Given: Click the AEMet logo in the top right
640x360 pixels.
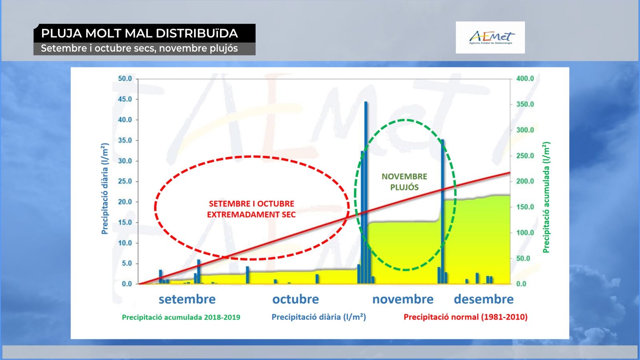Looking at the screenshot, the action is coord(490,38).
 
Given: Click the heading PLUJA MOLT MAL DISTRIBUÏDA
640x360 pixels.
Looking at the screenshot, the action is coord(140,34).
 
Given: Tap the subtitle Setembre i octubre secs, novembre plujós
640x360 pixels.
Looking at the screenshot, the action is coord(139,48).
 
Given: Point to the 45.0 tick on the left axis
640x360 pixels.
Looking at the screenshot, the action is coord(125,99).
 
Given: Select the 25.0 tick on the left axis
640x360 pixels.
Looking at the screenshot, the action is coord(125,182).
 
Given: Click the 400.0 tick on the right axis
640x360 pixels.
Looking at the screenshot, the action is coord(525,78).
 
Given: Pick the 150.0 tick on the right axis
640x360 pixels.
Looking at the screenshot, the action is coord(525,207).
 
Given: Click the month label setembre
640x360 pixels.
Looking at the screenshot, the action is coord(187,299).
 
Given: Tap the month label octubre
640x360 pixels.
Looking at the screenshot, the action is coord(296,299).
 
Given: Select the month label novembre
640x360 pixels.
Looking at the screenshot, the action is coord(403,299).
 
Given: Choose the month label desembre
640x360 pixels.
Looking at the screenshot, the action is coord(484,299).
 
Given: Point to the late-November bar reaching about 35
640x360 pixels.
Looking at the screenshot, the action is coord(442,212).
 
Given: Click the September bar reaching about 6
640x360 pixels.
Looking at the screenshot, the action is coord(199,272).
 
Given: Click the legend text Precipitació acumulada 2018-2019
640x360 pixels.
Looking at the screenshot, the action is coord(181,318).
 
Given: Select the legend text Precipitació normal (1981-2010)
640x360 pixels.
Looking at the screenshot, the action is coord(466,317).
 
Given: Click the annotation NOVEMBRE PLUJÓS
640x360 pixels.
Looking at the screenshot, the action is coord(404,182).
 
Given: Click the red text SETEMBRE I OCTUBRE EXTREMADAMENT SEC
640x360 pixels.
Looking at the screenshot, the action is coord(252,209).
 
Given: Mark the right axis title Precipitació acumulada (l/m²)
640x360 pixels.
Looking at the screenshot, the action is coord(546,198).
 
